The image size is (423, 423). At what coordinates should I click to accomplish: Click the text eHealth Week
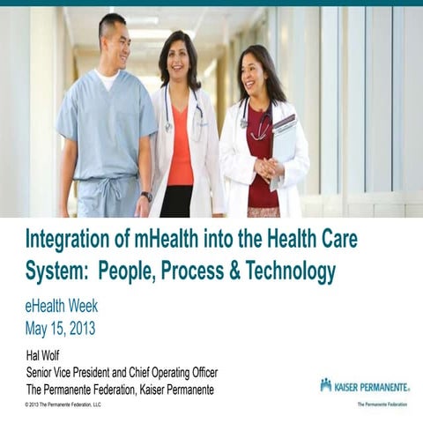tap(61, 308)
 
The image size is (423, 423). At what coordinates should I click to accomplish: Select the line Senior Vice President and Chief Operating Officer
tap(122, 371)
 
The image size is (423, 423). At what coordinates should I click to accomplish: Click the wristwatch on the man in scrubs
tap(146, 196)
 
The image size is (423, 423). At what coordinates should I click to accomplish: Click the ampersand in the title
tap(218, 272)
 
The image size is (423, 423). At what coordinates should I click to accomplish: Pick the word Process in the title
tap(173, 272)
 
